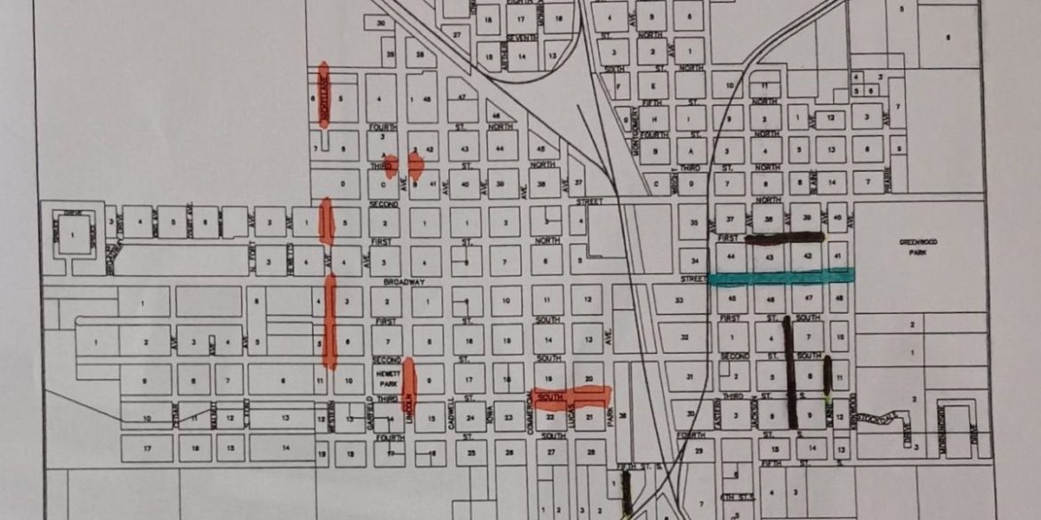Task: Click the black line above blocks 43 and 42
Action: click(784, 237)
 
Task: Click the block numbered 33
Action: click(678, 300)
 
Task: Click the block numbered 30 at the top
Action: click(380, 22)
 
